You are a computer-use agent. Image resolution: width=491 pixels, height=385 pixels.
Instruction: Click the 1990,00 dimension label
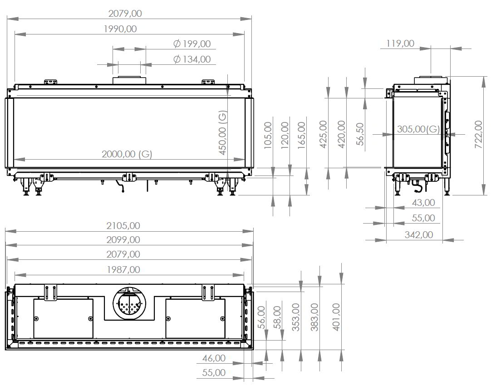tap(120, 29)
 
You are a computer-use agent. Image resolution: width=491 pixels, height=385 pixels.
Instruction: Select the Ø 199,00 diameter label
tap(192, 44)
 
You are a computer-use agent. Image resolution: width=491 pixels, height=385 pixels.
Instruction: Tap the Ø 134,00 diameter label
tap(192, 59)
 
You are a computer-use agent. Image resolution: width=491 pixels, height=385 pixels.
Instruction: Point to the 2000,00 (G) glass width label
tap(127, 154)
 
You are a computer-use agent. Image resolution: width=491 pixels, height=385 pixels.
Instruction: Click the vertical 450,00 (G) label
tap(222, 132)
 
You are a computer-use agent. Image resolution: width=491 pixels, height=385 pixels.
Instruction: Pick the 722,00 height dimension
tap(479, 134)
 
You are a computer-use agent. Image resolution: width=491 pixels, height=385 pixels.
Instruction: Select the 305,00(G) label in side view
tap(418, 129)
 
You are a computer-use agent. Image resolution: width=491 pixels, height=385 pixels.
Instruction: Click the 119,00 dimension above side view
tap(400, 43)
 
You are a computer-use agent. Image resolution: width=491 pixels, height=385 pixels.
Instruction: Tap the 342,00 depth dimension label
tap(419, 235)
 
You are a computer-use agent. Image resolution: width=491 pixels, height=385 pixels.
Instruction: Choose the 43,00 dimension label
tap(423, 203)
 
